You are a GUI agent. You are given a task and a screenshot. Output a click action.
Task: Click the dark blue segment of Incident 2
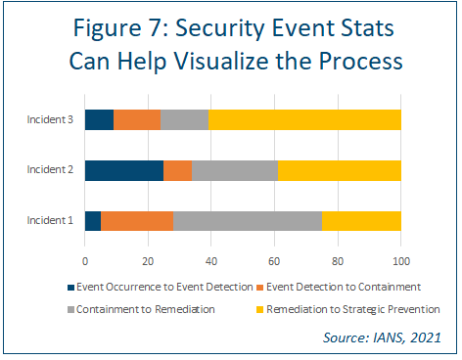[124, 170]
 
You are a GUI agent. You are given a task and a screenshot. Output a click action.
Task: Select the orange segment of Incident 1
[137, 221]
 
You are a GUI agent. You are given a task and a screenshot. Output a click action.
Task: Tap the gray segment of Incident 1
[248, 221]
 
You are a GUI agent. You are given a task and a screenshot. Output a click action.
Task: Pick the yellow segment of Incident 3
[304, 119]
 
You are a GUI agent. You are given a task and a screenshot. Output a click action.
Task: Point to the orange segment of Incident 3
[137, 119]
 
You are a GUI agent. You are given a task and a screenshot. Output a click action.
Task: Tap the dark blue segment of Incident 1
[93, 221]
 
